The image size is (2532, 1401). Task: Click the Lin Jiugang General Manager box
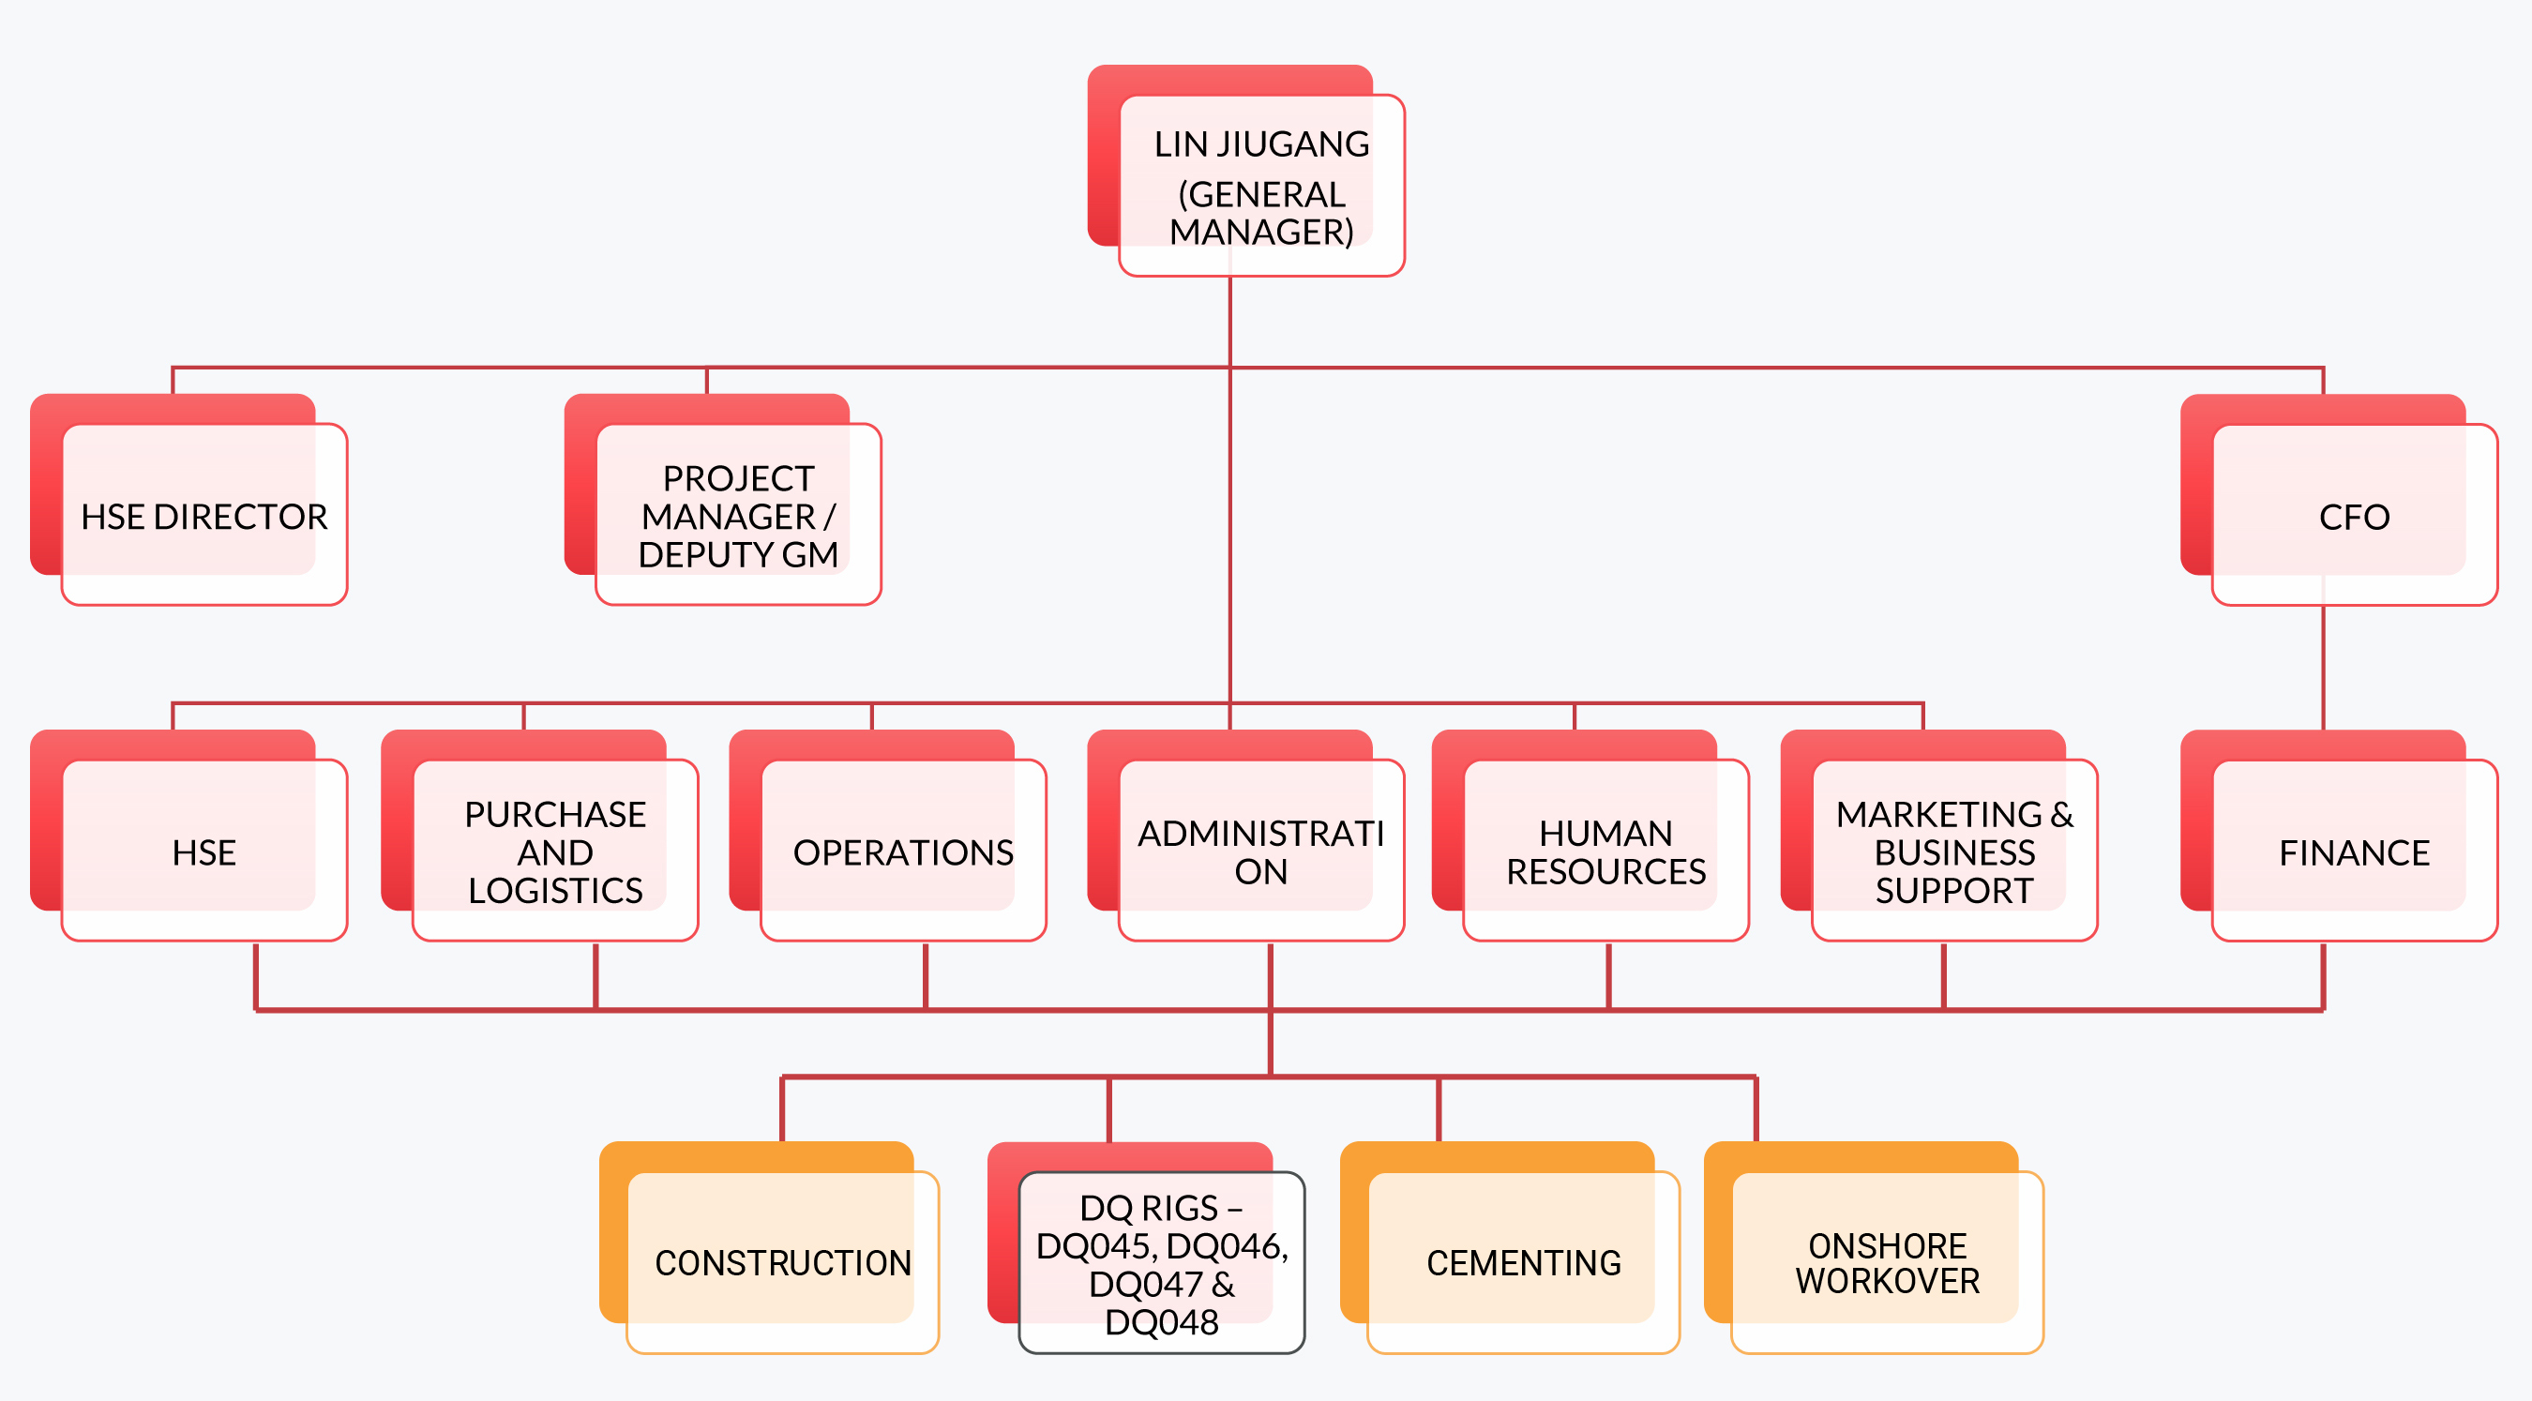[1261, 186]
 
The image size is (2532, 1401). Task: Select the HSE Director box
[203, 515]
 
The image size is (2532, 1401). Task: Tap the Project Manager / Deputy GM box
[738, 515]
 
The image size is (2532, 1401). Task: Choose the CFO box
[2354, 515]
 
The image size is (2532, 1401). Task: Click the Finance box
[2354, 851]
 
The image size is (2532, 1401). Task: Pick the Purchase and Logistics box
[555, 851]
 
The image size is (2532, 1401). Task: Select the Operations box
[902, 851]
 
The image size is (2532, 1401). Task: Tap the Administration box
[1261, 851]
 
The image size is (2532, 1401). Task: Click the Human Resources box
[1605, 851]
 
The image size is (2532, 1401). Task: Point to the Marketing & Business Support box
[1954, 851]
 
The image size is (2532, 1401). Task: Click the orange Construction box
[782, 1261]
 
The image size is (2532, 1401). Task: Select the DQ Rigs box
[1162, 1262]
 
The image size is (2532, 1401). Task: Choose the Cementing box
[1524, 1261]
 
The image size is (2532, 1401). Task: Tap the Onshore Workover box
[1887, 1261]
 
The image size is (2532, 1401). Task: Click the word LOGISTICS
[555, 890]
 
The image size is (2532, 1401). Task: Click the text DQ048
[1162, 1322]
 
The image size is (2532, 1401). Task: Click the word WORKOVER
[1887, 1280]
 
